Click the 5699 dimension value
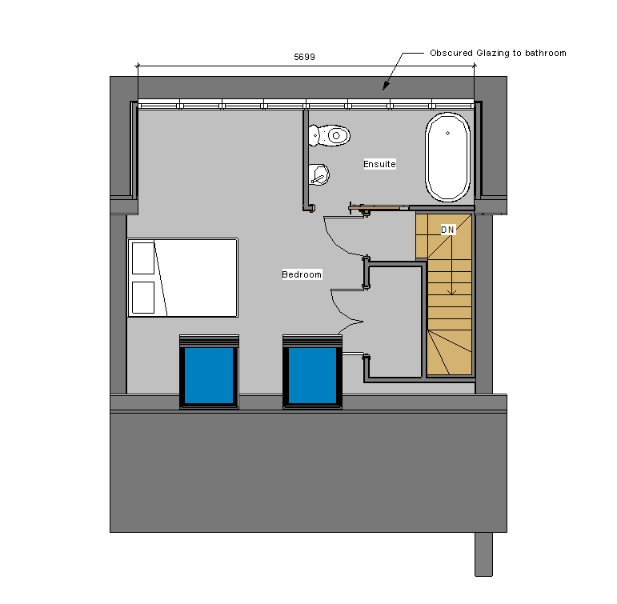point(304,57)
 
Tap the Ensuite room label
point(379,164)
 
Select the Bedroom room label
point(302,274)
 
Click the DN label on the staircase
point(447,230)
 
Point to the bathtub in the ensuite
point(448,157)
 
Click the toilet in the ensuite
point(330,135)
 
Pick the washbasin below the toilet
point(319,174)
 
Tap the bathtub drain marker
point(448,134)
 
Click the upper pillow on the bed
point(143,258)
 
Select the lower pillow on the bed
point(143,298)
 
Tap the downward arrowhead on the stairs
point(452,292)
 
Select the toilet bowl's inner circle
point(336,136)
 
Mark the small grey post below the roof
point(483,554)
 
